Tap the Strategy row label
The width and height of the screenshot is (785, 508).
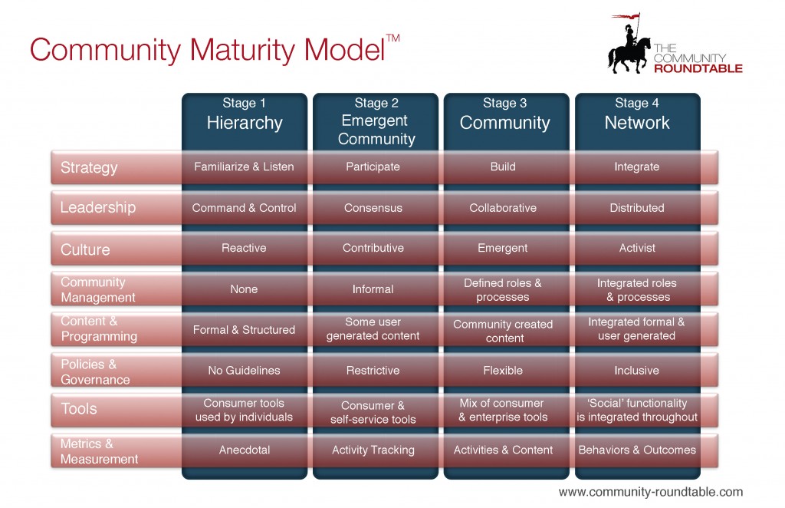coord(90,167)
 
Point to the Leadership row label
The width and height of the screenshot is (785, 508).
coord(98,208)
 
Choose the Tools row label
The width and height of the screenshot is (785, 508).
coord(80,409)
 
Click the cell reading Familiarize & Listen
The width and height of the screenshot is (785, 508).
coord(245,167)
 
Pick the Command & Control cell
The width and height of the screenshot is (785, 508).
coord(245,208)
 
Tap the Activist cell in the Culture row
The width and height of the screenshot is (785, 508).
coord(637,249)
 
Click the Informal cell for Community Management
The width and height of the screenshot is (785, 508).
coord(373,289)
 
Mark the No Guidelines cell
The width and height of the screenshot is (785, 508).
coord(245,371)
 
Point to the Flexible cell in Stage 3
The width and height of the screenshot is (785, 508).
coord(503,371)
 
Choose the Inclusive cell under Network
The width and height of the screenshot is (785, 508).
coord(636,371)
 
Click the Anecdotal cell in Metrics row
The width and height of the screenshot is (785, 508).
coord(245,450)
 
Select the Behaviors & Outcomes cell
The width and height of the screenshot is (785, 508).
coord(637,450)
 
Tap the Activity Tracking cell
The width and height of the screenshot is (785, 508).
coord(373,450)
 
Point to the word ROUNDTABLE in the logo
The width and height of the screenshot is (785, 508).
coord(698,69)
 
